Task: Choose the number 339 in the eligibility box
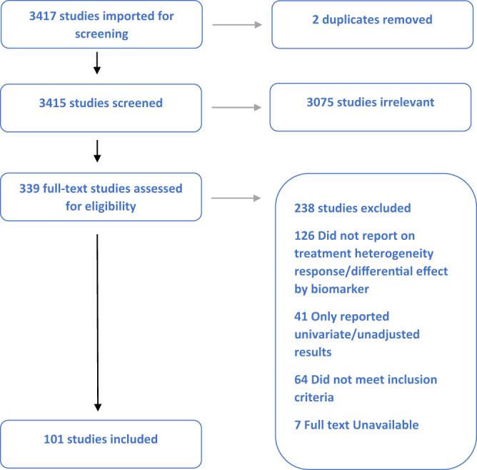(x=34, y=188)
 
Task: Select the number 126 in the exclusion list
(x=304, y=235)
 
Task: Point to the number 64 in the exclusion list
(x=301, y=379)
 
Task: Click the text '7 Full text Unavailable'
(x=356, y=425)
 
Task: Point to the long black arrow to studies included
(x=97, y=321)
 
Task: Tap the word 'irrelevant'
(x=405, y=103)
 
